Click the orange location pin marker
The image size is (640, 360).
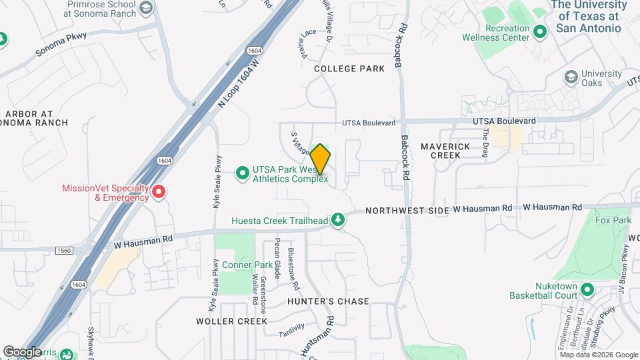click(321, 159)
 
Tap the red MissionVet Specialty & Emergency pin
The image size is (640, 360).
click(159, 193)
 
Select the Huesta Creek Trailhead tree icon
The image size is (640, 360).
click(339, 220)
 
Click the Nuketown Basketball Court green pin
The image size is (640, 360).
click(587, 289)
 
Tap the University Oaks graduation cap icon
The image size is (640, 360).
click(571, 77)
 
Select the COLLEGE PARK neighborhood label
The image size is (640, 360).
click(349, 69)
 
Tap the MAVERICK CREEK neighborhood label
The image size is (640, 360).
click(446, 151)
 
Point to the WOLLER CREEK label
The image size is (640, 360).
click(231, 321)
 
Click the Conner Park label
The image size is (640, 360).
click(247, 265)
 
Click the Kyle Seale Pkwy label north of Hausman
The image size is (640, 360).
click(217, 183)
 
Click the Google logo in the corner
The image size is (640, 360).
click(23, 351)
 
